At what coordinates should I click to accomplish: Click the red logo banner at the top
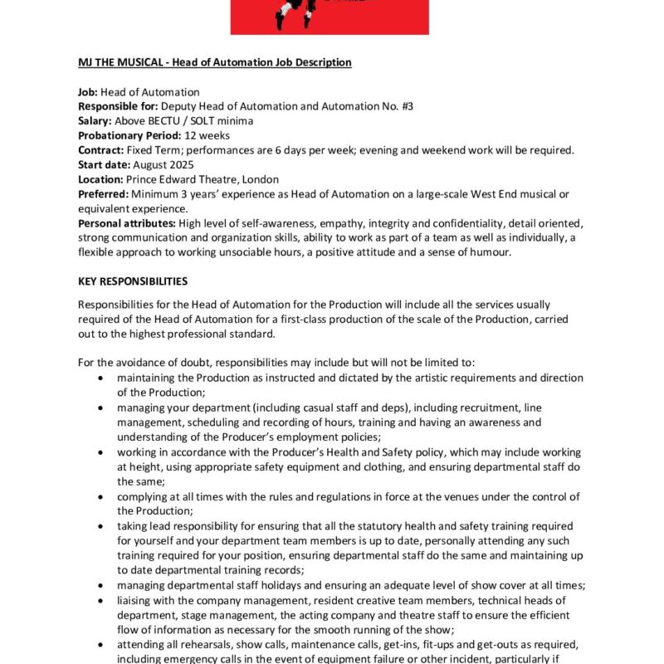tap(330, 17)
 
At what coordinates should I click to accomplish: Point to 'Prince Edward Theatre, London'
tap(203, 179)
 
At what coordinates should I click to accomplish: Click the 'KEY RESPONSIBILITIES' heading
tap(133, 281)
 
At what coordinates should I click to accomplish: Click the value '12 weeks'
tap(207, 135)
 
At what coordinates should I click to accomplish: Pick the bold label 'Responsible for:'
tap(117, 106)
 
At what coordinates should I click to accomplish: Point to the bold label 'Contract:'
tap(100, 150)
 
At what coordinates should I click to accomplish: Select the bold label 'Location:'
tap(100, 179)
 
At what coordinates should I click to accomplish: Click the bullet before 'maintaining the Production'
tap(101, 378)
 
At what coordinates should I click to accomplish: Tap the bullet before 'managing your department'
tap(101, 408)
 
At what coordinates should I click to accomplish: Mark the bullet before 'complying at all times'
tap(101, 496)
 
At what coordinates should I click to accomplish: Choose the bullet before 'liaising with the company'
tap(101, 600)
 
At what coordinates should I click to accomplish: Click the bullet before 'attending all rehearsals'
tap(101, 644)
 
